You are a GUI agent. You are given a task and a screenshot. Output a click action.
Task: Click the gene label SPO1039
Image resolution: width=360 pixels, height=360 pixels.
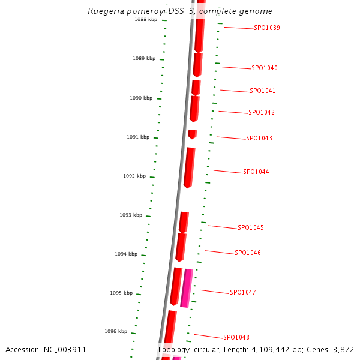pos(266,28)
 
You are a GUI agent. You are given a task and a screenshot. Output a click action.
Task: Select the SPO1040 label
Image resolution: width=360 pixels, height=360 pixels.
pos(264,68)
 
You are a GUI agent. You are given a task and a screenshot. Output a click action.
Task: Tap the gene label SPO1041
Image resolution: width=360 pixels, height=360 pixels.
pos(263,91)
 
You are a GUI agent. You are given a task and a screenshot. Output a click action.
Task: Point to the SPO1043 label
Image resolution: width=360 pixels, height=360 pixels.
pos(259,139)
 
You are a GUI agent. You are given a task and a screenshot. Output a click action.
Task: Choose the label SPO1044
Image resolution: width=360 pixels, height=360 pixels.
pos(256,172)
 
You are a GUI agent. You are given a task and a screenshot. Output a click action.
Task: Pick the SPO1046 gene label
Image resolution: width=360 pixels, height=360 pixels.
pos(247,253)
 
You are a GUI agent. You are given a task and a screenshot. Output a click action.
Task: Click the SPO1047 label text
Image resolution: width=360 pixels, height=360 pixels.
pos(242,293)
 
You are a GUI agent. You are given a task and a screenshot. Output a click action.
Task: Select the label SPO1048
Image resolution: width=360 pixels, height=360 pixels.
pos(236,338)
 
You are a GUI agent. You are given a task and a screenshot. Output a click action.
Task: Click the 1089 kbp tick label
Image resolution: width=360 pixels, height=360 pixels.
pos(143,59)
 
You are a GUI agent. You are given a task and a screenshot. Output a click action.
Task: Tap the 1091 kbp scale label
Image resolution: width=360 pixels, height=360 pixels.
pos(137,137)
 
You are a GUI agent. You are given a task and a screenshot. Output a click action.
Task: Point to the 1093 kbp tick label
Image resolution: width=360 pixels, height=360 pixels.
pos(130,215)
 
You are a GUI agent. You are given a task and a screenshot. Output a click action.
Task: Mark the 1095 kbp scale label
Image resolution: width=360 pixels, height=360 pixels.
pos(121,293)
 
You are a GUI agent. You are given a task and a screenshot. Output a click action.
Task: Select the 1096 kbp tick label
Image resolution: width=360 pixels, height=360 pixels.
pos(116,331)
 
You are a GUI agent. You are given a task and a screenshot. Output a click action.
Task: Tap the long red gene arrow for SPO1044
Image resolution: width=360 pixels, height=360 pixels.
pos(189,167)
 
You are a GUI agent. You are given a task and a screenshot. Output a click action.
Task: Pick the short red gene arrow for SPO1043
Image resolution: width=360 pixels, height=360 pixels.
pos(192,134)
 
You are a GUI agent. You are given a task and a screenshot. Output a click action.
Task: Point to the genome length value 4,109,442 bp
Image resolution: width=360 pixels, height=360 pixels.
pos(275,349)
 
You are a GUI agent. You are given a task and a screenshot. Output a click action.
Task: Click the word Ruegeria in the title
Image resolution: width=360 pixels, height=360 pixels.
pos(106,11)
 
